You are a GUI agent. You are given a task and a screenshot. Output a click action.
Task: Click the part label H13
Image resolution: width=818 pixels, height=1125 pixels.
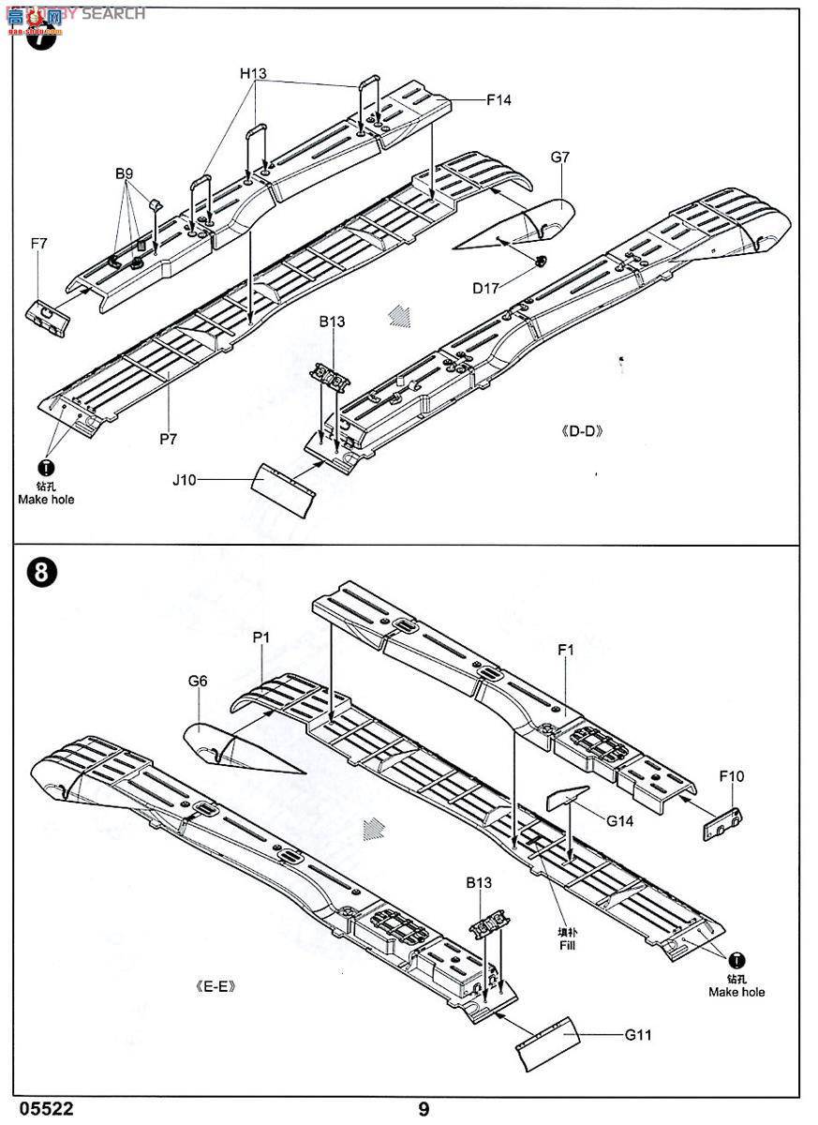click(253, 73)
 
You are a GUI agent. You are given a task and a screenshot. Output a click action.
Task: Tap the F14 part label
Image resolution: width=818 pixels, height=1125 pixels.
click(498, 99)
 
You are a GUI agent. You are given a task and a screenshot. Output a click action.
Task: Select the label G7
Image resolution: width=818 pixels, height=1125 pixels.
click(559, 157)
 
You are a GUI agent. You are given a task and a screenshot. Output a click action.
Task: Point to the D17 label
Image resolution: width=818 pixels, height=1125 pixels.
click(486, 289)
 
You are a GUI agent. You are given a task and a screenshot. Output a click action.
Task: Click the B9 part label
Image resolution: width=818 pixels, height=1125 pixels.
click(126, 173)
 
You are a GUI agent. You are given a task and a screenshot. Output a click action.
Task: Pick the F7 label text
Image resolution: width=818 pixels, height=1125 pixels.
click(38, 244)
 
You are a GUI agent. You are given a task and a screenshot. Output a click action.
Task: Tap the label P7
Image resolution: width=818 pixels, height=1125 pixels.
click(168, 438)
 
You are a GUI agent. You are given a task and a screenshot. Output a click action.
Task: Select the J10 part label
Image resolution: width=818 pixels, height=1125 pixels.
click(185, 480)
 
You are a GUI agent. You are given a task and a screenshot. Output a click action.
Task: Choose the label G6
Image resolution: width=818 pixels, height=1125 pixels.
click(197, 682)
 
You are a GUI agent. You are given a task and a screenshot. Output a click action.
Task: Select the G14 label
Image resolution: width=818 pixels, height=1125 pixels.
click(620, 820)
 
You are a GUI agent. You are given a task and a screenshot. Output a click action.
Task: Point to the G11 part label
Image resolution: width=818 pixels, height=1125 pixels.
click(638, 1035)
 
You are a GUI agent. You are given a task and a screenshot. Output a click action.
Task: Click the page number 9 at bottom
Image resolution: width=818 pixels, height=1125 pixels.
click(424, 1109)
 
